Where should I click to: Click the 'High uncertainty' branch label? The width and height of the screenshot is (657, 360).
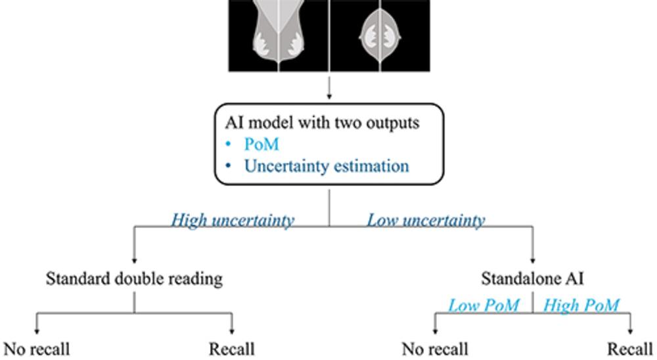click(x=233, y=220)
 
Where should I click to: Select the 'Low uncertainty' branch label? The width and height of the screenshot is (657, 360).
click(x=426, y=220)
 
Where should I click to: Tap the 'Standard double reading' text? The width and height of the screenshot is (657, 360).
click(x=134, y=279)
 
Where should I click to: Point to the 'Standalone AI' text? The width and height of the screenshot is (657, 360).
click(x=532, y=279)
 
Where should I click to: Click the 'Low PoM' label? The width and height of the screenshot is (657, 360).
click(x=484, y=305)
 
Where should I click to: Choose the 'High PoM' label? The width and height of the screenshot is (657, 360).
click(x=581, y=305)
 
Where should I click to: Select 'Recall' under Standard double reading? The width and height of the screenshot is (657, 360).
click(x=231, y=349)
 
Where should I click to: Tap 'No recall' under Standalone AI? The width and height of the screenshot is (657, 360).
click(x=435, y=349)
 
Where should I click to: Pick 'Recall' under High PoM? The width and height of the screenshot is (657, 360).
click(x=630, y=349)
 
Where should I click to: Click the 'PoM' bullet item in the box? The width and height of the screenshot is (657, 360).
click(x=261, y=145)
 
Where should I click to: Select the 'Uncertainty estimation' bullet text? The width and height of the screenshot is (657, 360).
click(x=327, y=166)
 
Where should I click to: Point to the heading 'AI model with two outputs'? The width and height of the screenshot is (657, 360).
click(x=322, y=123)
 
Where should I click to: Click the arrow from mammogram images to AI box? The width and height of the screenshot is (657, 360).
click(x=329, y=85)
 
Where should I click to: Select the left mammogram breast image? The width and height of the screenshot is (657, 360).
click(x=279, y=33)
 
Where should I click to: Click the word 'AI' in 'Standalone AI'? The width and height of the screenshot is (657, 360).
click(x=574, y=279)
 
